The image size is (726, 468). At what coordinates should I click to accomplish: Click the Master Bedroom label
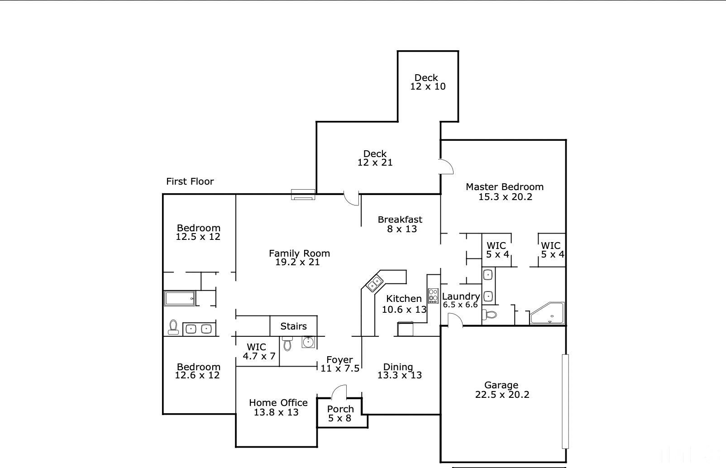tap(505, 187)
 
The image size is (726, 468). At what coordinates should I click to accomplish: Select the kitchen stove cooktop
tap(433, 296)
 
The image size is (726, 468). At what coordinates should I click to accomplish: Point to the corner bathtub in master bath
tap(547, 313)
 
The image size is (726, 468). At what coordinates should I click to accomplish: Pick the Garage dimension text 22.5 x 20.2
tap(502, 395)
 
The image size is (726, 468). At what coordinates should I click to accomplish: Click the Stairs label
tap(293, 326)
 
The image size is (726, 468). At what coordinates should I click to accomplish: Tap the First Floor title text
tap(190, 181)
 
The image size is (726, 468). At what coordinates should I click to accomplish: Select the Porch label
tap(340, 409)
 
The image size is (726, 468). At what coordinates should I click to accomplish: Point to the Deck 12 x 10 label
tap(428, 82)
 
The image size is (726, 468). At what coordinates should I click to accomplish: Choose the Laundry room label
tap(461, 296)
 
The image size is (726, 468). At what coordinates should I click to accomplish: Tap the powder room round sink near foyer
tap(308, 342)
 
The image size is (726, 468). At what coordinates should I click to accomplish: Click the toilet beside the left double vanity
tap(173, 327)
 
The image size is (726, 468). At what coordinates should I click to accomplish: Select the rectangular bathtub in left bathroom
tap(180, 298)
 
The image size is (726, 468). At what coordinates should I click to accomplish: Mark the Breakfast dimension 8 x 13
tap(402, 229)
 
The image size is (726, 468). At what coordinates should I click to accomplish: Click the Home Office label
tap(278, 403)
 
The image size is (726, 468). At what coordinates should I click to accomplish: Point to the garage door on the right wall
tap(565, 401)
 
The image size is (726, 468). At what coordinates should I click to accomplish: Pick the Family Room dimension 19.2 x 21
tap(297, 262)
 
